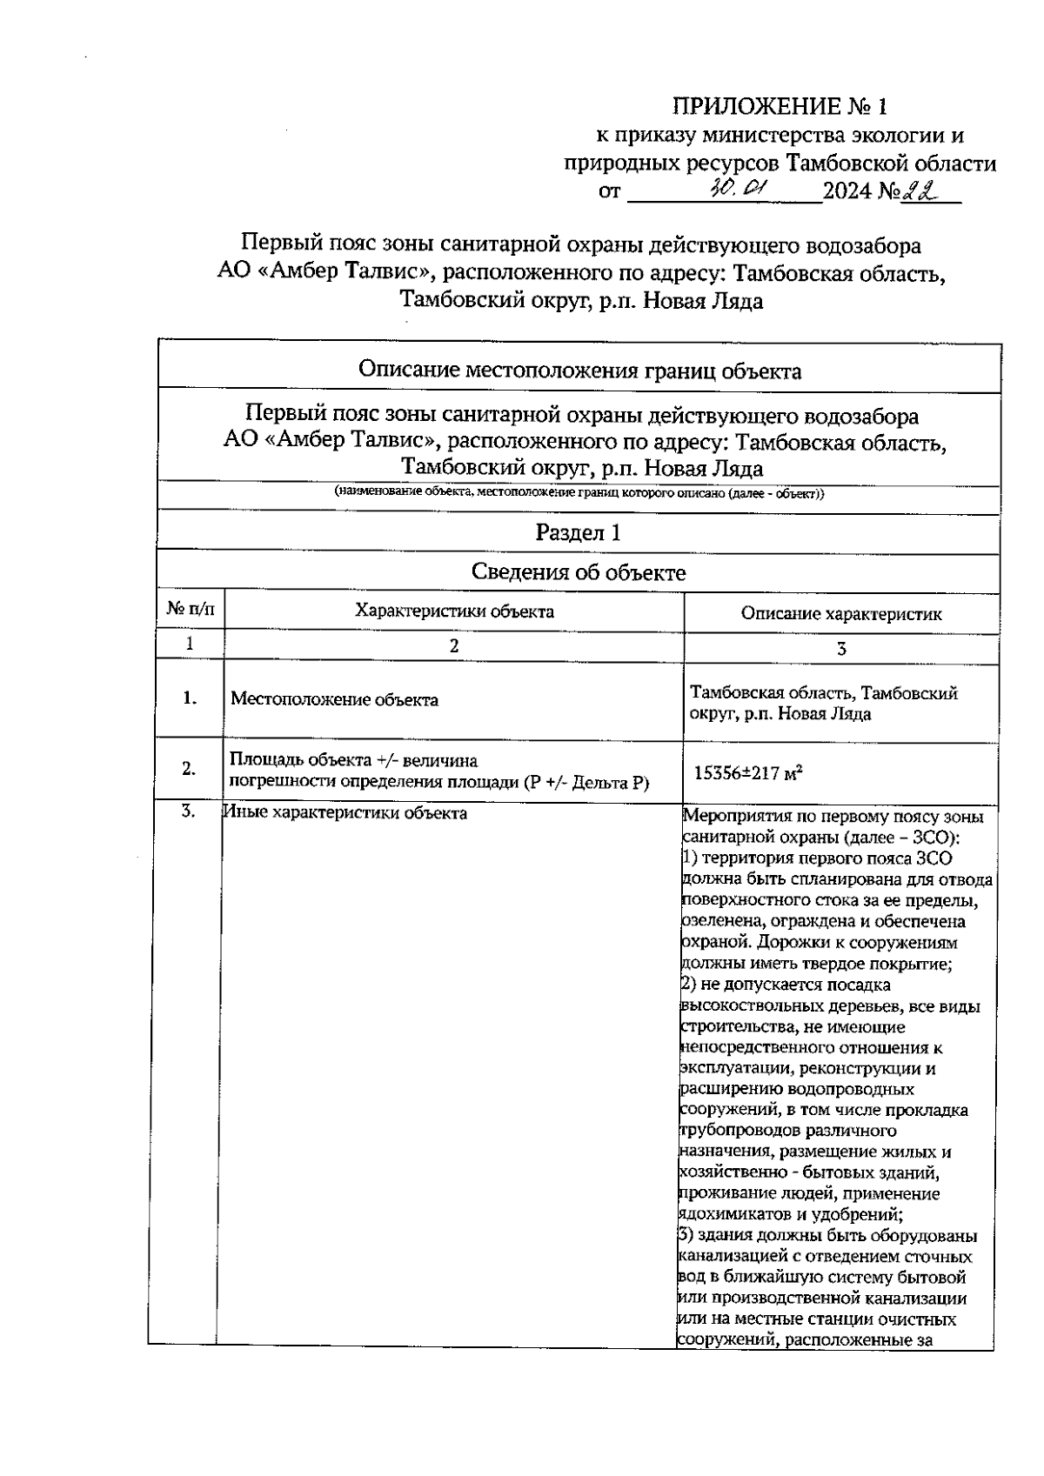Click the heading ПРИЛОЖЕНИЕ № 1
click(780, 107)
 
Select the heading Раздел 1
click(578, 532)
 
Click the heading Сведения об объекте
click(578, 572)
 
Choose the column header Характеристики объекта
click(454, 611)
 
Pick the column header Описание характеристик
click(840, 613)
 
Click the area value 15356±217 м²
click(747, 772)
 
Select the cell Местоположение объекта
click(334, 700)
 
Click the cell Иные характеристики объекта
click(345, 813)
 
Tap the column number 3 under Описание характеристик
click(840, 648)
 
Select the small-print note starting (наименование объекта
click(579, 493)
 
